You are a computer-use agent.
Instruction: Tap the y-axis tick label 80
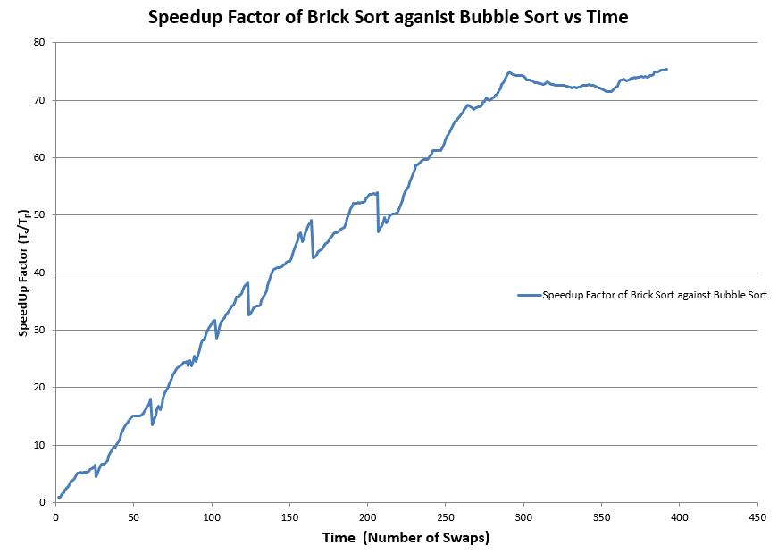(x=39, y=42)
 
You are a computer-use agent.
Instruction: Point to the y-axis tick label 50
(x=39, y=214)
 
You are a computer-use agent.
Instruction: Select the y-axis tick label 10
(x=39, y=445)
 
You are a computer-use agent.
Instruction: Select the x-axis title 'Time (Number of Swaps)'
(x=406, y=538)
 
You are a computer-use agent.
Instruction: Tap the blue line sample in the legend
(x=529, y=295)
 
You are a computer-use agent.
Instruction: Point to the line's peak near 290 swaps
(x=509, y=72)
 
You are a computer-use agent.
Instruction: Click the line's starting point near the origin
(x=59, y=497)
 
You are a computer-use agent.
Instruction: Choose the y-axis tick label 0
(x=43, y=502)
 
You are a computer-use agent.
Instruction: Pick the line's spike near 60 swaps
(x=150, y=399)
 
